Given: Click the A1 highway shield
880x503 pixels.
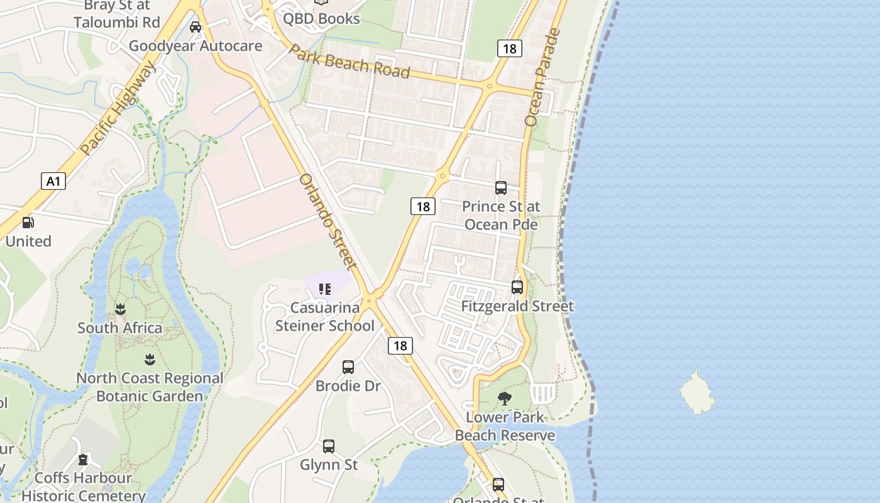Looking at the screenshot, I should point(53,182).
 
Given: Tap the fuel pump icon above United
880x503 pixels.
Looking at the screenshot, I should point(28,223).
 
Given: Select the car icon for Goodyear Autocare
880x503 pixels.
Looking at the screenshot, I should point(195,27).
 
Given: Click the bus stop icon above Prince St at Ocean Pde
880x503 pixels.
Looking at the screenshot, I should point(501,187).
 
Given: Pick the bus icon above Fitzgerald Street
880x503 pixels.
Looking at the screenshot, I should point(517,287).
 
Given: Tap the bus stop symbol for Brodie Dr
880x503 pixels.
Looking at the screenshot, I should point(348,367).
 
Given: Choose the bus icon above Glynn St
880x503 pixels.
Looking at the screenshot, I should point(329,446).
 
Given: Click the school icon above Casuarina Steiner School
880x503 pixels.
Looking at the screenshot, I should point(324,289).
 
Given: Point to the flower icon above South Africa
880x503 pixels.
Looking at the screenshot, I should point(120,309).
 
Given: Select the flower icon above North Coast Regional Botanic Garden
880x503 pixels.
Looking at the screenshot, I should point(150,360).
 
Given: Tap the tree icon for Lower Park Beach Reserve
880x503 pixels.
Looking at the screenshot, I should point(504,398).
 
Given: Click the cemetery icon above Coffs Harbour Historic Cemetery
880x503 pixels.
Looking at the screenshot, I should point(83,460).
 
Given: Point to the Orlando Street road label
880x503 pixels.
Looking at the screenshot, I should point(327,221).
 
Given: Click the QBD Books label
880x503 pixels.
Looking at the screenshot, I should point(321,18).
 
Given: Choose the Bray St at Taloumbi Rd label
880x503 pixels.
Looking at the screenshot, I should point(117,14).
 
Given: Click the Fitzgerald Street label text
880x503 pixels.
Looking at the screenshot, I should point(517,306).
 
